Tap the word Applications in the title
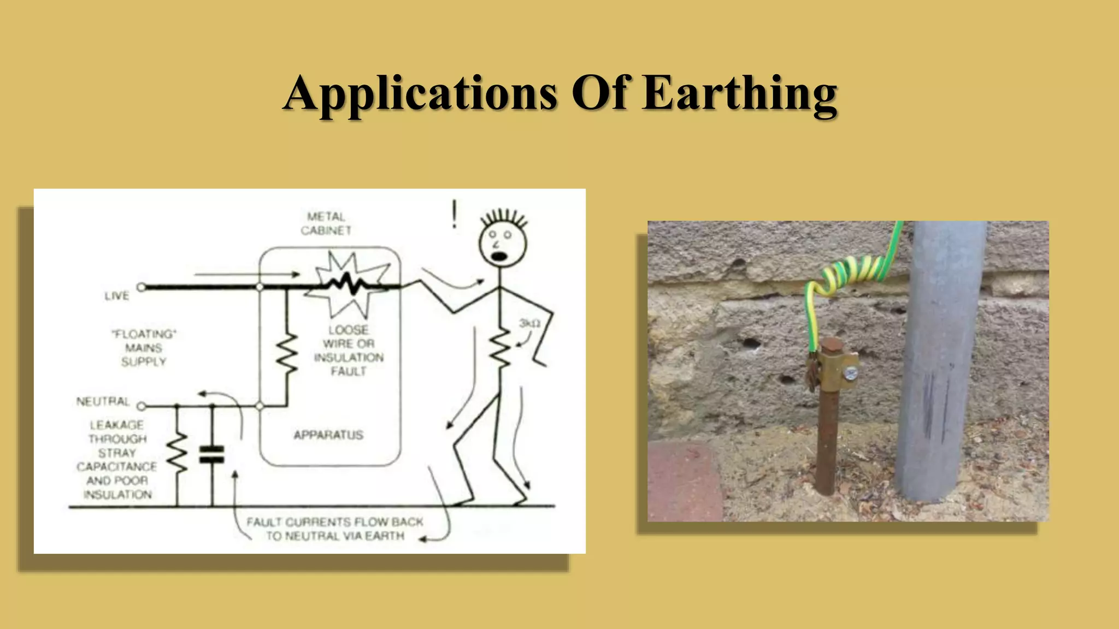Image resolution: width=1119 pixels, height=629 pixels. [x=420, y=94]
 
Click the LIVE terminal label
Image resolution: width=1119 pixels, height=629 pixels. [x=117, y=296]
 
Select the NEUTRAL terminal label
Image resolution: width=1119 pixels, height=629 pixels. [x=103, y=402]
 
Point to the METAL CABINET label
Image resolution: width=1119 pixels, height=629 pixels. [x=326, y=224]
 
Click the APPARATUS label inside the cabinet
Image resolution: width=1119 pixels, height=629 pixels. [x=328, y=435]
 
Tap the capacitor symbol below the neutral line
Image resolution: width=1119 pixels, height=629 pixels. [x=212, y=454]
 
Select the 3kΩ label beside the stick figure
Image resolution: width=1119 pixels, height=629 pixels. [x=529, y=324]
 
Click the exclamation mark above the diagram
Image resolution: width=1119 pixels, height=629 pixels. [x=454, y=215]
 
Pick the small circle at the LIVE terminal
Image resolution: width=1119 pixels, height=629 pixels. [x=142, y=287]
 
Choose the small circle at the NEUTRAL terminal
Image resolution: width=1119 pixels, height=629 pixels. [x=142, y=406]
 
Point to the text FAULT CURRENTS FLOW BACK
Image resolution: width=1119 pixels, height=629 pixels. [x=334, y=522]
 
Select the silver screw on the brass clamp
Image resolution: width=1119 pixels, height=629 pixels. [x=850, y=374]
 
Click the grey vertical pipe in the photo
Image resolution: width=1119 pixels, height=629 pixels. [x=941, y=360]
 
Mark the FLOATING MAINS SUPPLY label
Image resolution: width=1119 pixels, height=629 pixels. [x=144, y=348]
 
